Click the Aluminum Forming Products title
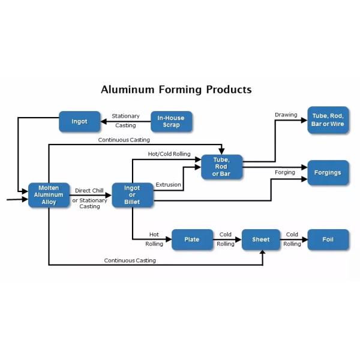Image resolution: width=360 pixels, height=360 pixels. [176, 90]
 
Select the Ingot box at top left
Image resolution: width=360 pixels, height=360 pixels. [79, 121]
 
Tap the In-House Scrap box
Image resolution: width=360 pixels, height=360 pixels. [171, 121]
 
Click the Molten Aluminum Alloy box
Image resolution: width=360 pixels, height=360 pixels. [49, 195]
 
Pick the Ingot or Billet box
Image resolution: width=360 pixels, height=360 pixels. [132, 195]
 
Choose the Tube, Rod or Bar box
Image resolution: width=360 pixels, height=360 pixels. [221, 167]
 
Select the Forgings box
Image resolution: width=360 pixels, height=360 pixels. [328, 173]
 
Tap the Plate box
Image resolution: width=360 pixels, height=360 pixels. [192, 239]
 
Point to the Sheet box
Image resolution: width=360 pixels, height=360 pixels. [261, 239]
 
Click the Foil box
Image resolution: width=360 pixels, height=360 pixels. [328, 239]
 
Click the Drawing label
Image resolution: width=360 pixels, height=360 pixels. [286, 115]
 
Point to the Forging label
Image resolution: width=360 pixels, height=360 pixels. [285, 172]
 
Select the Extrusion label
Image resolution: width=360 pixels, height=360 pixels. [168, 185]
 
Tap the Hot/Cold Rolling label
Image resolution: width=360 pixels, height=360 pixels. [169, 154]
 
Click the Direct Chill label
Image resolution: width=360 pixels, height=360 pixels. [89, 191]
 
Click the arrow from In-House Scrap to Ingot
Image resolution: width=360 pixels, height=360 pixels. [125, 121]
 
